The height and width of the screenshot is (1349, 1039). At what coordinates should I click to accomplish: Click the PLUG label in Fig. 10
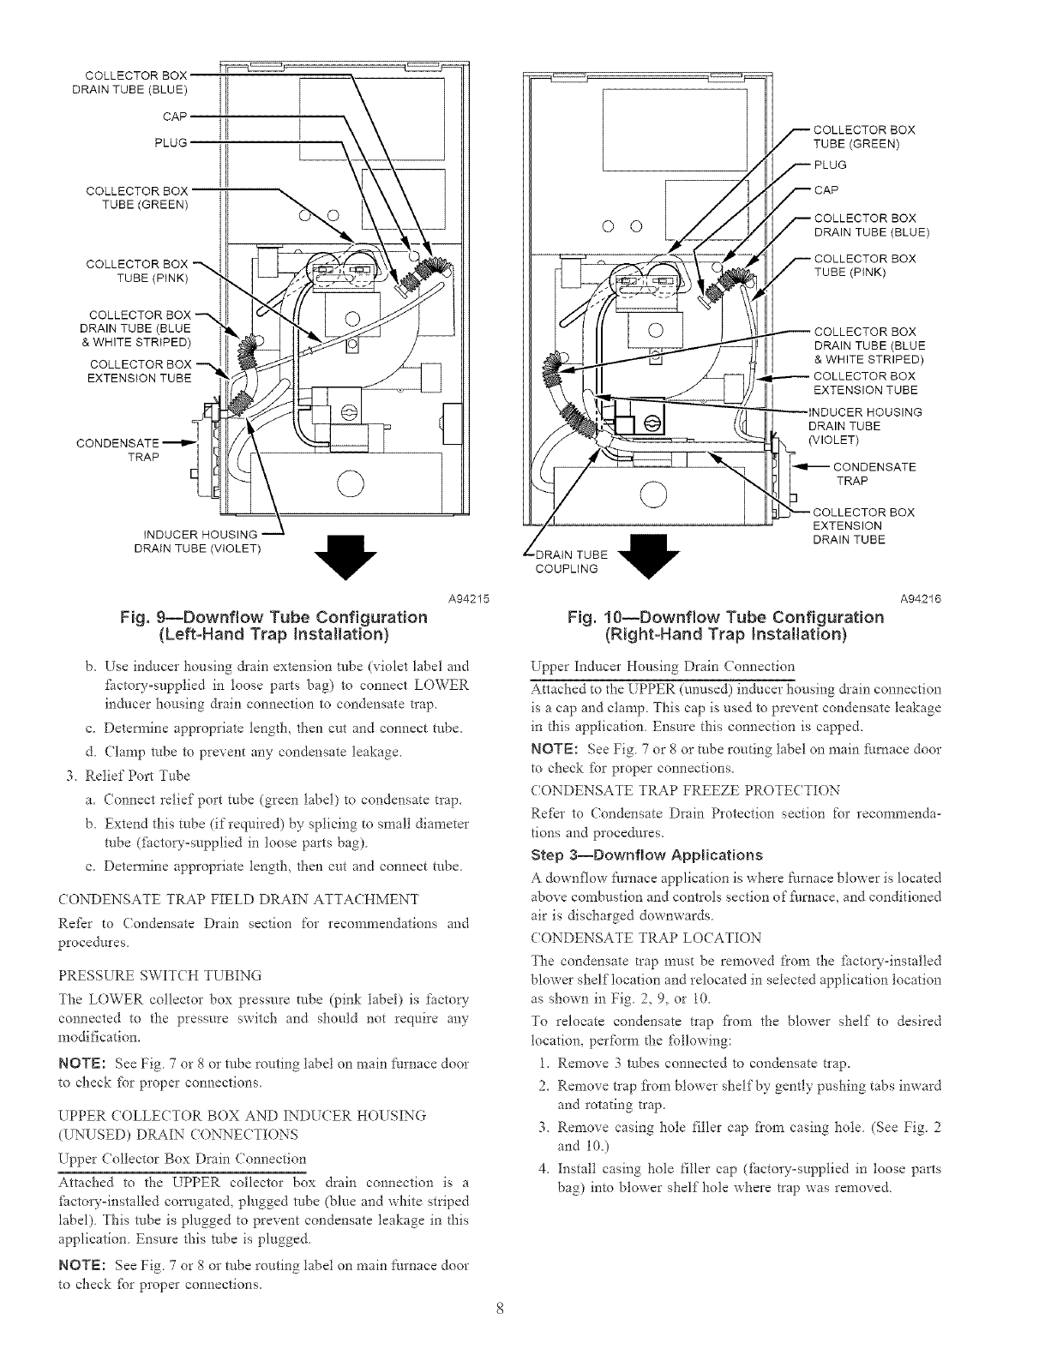(829, 165)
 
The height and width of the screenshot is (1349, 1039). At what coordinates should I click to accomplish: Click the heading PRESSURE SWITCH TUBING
(159, 974)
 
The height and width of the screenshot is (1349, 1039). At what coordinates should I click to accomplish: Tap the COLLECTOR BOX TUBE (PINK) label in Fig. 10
(864, 266)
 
